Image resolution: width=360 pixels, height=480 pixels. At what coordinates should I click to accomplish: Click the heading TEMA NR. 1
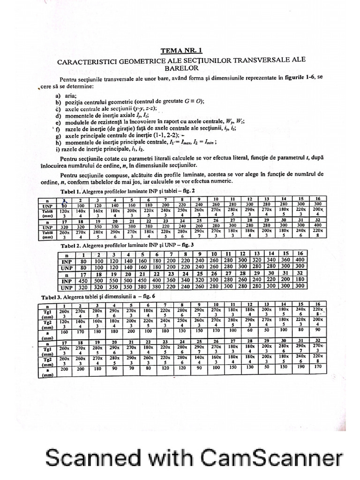pyautogui.click(x=182, y=51)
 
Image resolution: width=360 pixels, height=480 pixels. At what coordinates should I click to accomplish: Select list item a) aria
pyautogui.click(x=67, y=95)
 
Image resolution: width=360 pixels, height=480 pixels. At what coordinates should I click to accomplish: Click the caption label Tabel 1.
pyautogui.click(x=71, y=191)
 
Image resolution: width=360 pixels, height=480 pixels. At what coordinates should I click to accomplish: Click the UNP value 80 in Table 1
pyautogui.click(x=64, y=205)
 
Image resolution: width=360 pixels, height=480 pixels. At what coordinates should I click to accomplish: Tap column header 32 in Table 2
pyautogui.click(x=300, y=273)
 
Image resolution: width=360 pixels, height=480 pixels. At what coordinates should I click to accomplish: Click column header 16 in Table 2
pyautogui.click(x=300, y=254)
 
